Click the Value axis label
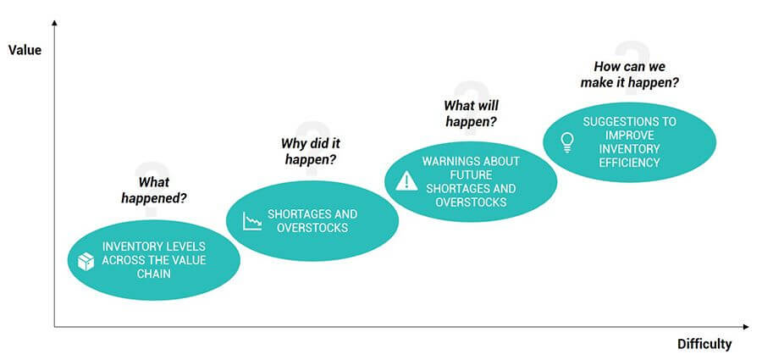[25, 50]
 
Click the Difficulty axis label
[704, 344]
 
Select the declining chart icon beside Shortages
[251, 222]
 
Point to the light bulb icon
[567, 141]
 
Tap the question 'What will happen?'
[471, 114]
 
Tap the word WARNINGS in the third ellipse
[451, 161]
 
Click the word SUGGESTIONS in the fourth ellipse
[629, 121]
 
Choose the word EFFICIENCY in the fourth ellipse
[628, 162]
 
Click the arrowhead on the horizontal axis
[745, 326]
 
